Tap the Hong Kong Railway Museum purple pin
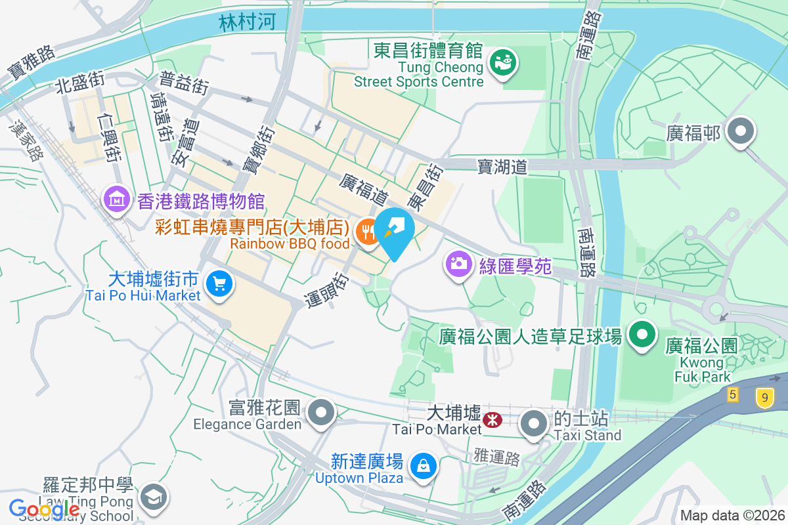[117, 199]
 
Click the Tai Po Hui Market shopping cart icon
[218, 285]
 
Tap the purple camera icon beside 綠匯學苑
[459, 264]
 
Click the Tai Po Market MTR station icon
[491, 418]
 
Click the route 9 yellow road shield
[763, 398]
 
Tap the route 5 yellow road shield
[733, 394]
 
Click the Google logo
[44, 509]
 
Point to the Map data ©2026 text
[732, 515]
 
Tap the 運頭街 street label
[326, 288]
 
